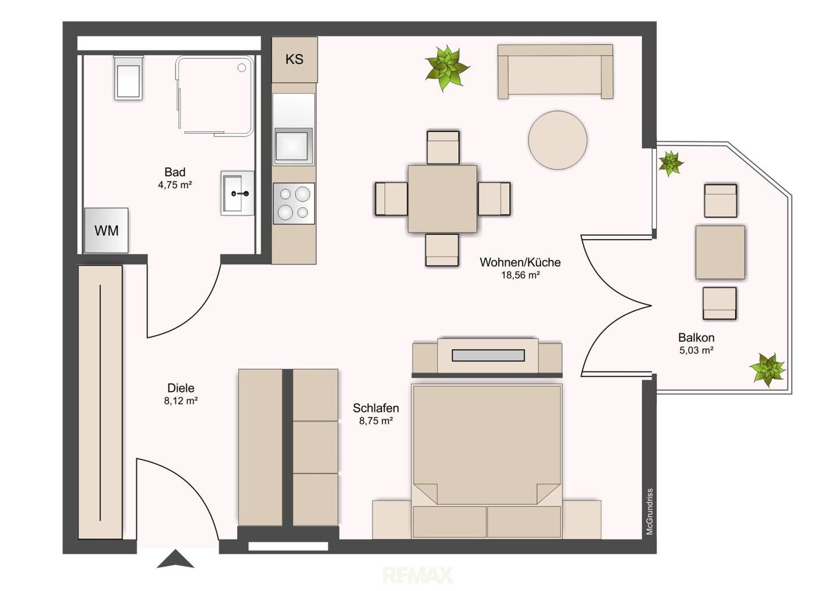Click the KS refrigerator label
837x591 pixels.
coord(294,59)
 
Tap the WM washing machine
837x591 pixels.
coord(106,230)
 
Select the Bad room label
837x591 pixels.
coord(175,172)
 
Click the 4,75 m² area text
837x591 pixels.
coord(175,185)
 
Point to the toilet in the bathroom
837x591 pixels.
coord(128,78)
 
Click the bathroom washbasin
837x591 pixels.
coord(237,193)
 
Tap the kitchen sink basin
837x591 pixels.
coord(294,146)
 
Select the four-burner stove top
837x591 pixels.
coord(294,203)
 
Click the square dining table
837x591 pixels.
coord(442,199)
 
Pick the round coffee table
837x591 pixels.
coord(557,140)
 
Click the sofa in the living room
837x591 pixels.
coord(555,71)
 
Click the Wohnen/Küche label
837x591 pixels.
coord(520,262)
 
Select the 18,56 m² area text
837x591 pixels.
coord(520,275)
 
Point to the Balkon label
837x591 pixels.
coord(696,338)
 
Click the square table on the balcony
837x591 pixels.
coord(720,252)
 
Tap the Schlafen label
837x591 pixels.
coord(376,408)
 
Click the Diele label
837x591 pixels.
coord(181,388)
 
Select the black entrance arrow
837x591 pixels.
coord(176,559)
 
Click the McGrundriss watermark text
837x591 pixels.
coord(649,511)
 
